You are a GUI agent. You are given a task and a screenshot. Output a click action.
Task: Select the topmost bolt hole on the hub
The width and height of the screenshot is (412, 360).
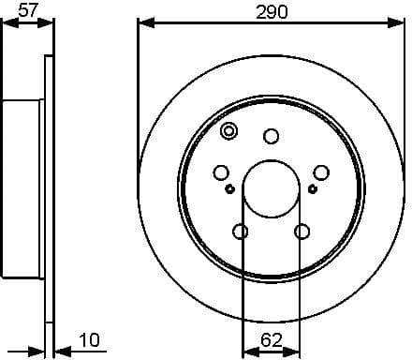click(x=272, y=137)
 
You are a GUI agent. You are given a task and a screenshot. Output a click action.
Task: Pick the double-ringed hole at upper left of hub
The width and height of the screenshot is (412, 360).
click(x=229, y=131)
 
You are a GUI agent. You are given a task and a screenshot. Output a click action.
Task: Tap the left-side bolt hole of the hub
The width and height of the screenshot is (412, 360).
click(x=222, y=172)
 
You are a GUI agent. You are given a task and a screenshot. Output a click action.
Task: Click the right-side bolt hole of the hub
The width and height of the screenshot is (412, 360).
click(x=321, y=172)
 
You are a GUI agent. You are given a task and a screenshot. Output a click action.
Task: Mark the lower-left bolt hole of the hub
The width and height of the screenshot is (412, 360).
click(x=241, y=231)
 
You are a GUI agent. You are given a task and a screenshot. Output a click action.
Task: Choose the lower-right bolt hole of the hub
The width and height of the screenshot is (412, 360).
click(x=302, y=231)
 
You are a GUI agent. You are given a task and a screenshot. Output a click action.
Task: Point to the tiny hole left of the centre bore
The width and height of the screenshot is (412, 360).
click(x=230, y=188)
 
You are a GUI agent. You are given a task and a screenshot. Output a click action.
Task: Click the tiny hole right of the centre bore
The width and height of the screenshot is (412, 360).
click(x=313, y=188)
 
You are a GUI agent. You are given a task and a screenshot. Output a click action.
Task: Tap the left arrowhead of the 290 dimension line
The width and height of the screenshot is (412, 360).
click(x=143, y=23)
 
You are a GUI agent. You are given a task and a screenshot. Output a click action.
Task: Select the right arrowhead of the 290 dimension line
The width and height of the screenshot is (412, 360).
click(x=400, y=23)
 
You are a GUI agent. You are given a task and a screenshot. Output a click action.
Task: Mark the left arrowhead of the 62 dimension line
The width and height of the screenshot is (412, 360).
click(x=248, y=352)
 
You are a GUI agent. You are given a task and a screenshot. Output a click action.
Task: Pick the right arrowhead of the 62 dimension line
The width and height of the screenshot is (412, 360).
click(x=296, y=352)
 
